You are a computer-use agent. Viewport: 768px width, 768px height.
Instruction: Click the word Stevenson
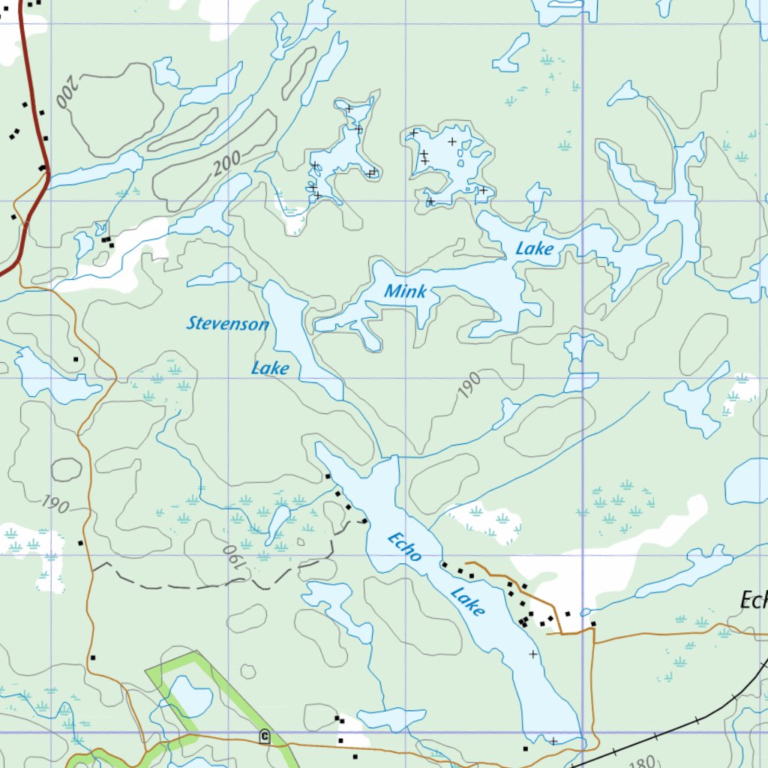point(227,324)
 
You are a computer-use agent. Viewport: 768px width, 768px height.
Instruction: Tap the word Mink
point(405,292)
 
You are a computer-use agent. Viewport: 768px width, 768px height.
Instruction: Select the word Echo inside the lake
point(405,547)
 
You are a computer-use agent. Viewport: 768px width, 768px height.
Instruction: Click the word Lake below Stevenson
point(270,368)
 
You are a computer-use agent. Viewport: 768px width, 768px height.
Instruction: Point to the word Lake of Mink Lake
point(534,248)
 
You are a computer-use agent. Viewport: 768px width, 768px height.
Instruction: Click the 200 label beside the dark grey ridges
point(226,163)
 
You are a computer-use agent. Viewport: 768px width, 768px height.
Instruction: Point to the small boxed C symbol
point(264,736)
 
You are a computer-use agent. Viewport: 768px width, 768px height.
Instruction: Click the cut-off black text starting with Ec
point(753,601)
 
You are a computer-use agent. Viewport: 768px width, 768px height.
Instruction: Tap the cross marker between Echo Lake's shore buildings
point(533,654)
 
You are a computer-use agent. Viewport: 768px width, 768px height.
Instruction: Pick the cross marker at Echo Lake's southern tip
point(553,741)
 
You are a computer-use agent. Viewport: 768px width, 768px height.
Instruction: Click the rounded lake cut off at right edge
point(748,481)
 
